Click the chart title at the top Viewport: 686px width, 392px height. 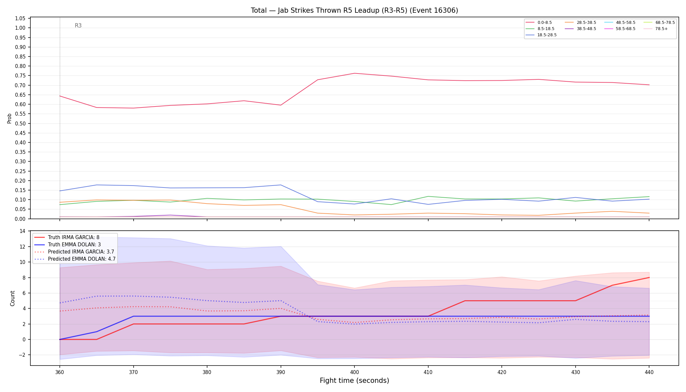click(x=354, y=10)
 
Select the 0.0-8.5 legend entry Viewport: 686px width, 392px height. click(x=539, y=23)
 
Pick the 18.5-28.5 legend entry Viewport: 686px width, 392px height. click(x=541, y=35)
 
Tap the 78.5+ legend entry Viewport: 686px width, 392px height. click(x=656, y=29)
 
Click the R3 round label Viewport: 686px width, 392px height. click(x=78, y=25)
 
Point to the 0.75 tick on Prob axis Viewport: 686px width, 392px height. click(x=20, y=76)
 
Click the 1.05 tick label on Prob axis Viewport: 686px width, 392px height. click(x=20, y=18)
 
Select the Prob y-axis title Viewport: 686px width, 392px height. click(x=9, y=118)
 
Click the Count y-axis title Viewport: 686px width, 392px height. click(x=13, y=298)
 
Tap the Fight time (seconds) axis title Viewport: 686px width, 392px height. click(x=354, y=381)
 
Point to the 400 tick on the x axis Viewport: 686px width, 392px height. click(x=354, y=372)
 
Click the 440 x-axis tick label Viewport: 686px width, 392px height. click(x=649, y=372)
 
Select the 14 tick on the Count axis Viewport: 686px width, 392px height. click(x=23, y=231)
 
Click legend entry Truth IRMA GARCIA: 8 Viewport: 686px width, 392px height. click(x=73, y=237)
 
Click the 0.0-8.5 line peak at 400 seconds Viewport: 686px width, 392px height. click(x=354, y=73)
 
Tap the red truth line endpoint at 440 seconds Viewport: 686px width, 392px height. click(x=649, y=278)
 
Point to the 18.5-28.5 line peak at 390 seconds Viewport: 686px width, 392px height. click(x=281, y=185)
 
